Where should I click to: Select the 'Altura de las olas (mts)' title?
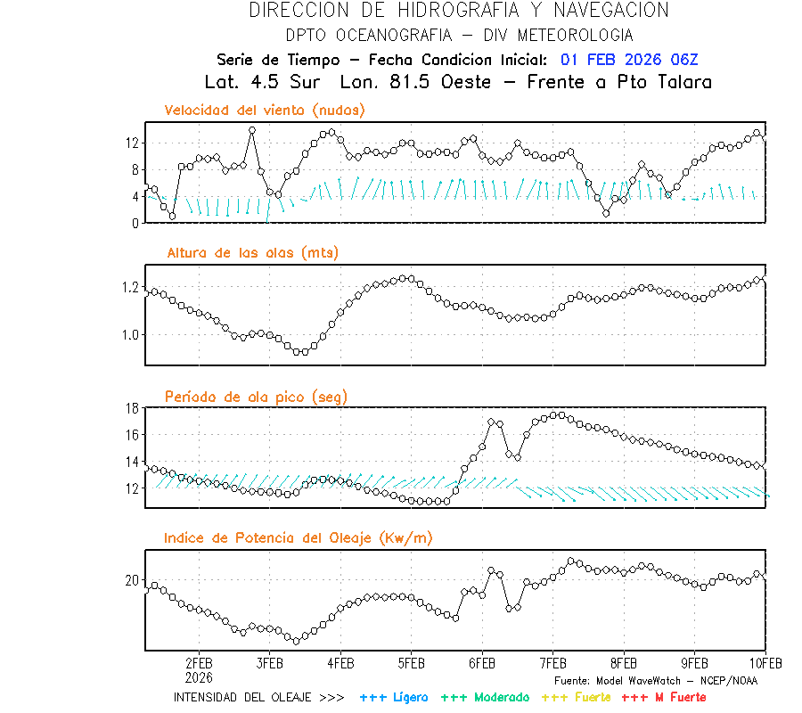[x=253, y=253]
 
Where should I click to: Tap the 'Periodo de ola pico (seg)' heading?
[x=256, y=397]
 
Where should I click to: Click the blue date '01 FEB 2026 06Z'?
[x=630, y=60]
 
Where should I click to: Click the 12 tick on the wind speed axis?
[x=132, y=143]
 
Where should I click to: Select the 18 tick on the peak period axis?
[x=132, y=408]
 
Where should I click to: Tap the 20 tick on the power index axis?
[x=132, y=580]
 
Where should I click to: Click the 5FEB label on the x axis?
[x=411, y=664]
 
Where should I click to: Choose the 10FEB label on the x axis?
[x=765, y=664]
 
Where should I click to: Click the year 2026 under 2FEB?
[x=199, y=677]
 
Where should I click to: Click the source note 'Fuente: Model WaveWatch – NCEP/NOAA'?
[x=655, y=681]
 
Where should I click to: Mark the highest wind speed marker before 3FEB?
[x=252, y=130]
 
